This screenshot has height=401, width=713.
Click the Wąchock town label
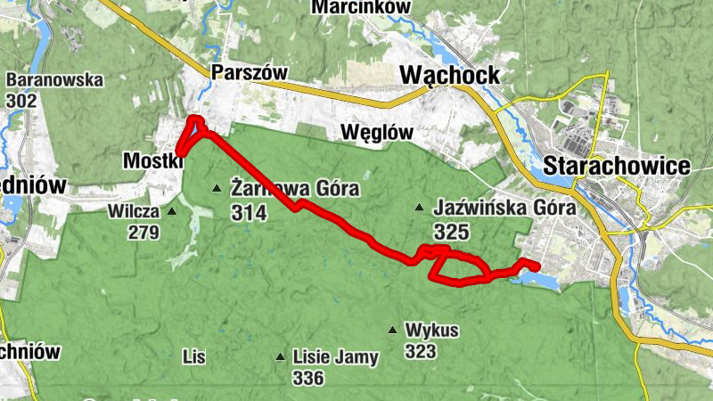point(450,75)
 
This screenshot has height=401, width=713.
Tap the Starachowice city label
point(616,166)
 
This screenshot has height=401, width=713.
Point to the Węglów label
point(378,133)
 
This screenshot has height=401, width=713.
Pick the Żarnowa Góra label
point(294,189)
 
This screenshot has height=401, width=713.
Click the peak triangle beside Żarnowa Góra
point(216,188)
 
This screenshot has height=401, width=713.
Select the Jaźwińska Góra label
point(504,209)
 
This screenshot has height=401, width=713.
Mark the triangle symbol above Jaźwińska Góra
point(419,209)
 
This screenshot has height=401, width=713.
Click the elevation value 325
point(450,232)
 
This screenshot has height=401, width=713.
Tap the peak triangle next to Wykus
point(392,331)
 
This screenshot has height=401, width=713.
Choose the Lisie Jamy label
point(335,357)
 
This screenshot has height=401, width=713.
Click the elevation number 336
point(308,379)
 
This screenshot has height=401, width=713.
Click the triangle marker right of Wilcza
point(172,212)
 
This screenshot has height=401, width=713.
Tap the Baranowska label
point(54,80)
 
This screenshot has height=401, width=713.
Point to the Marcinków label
point(361,7)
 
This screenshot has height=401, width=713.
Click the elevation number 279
point(143,233)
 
